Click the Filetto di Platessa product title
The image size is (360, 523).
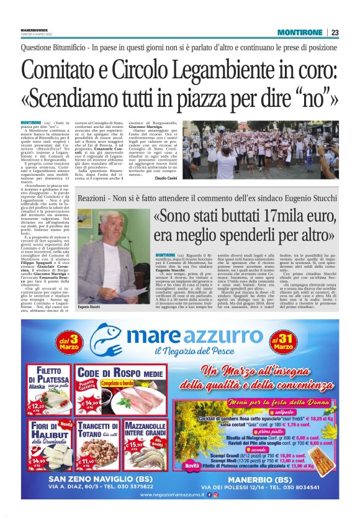tap(48, 375)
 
